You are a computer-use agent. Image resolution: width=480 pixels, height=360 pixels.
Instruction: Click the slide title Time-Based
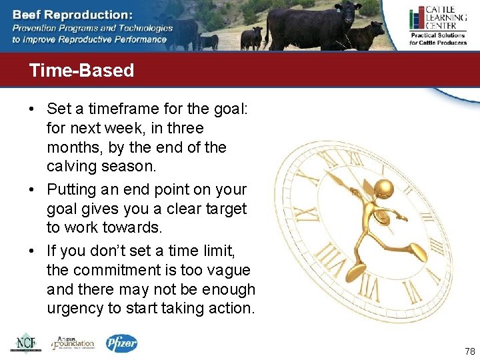(x=81, y=71)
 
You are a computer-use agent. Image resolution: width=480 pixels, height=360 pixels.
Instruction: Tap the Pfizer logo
(x=122, y=343)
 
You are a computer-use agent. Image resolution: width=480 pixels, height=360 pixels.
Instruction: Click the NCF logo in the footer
(x=25, y=343)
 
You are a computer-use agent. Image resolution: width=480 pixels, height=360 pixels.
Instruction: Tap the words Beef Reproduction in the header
(x=72, y=14)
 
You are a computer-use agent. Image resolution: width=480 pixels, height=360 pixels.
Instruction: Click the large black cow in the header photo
(x=311, y=23)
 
